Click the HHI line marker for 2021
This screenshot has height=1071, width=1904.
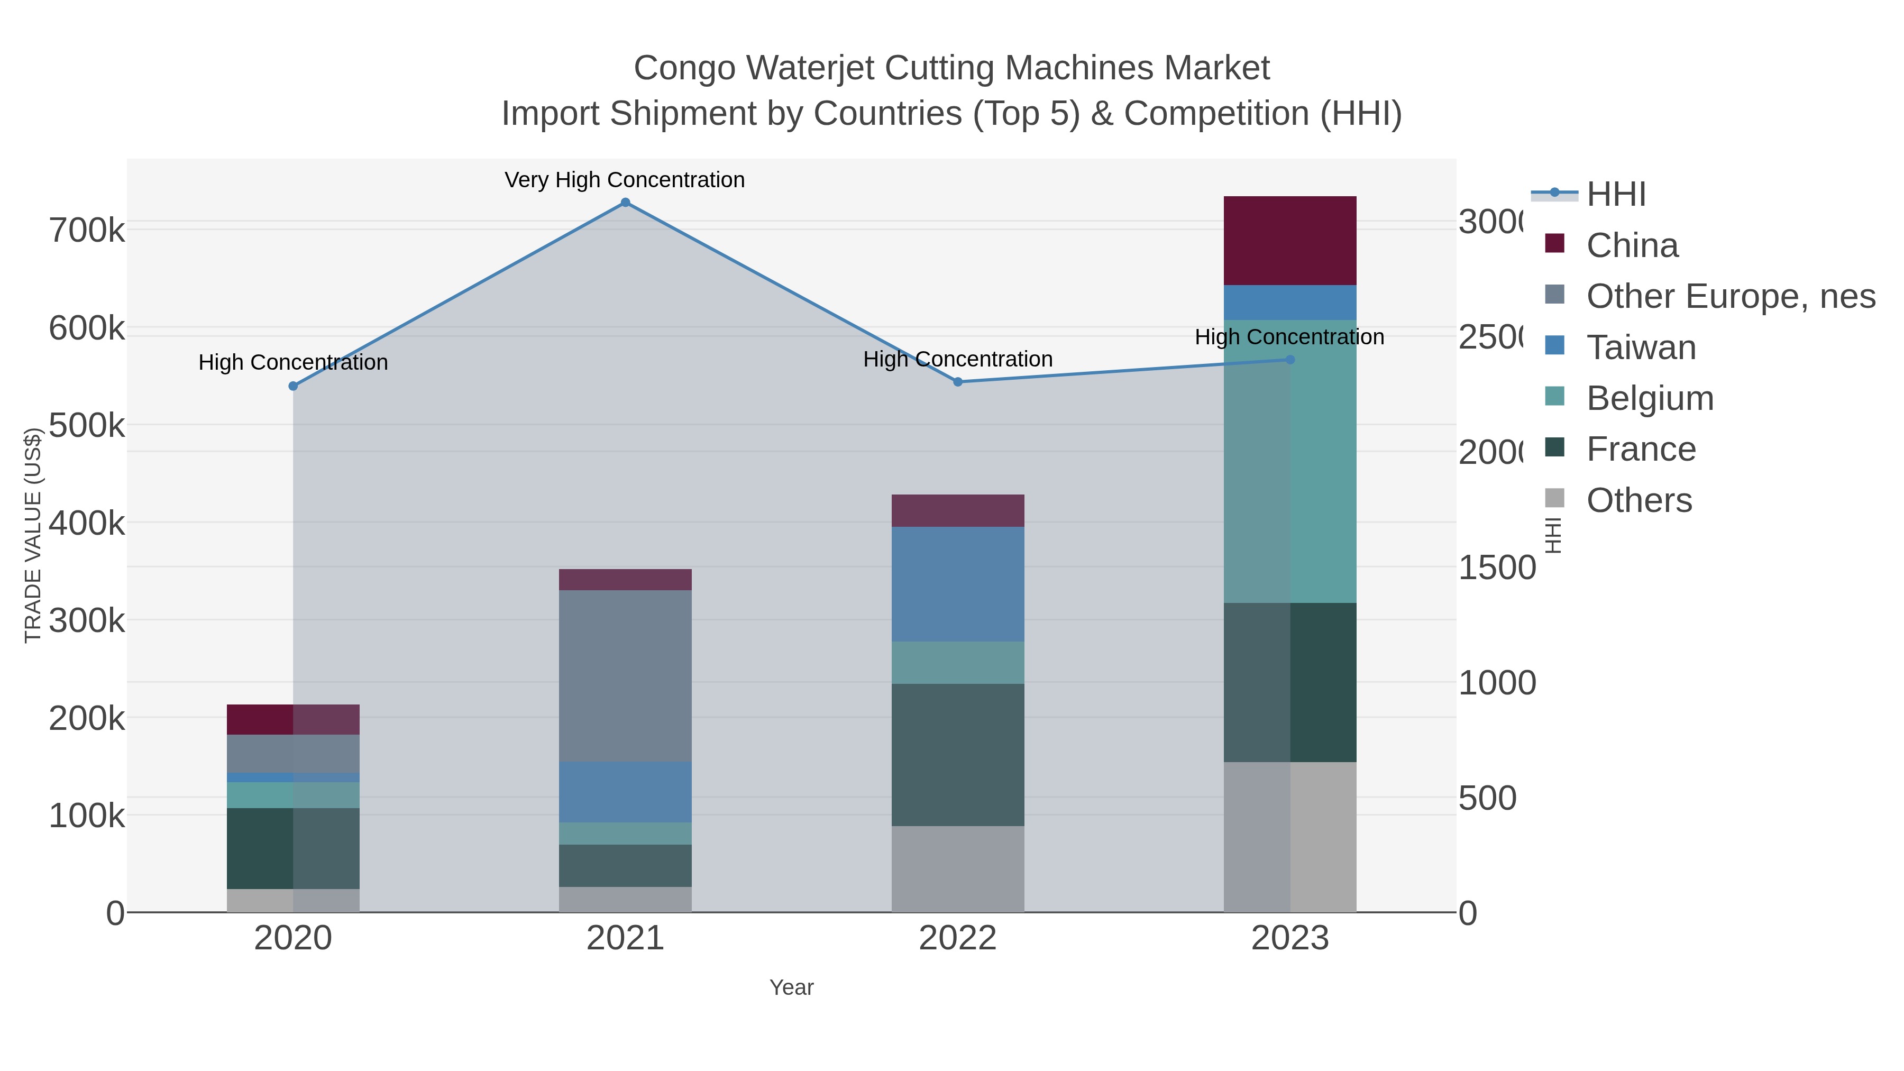click(x=625, y=203)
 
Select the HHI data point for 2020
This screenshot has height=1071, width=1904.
click(x=294, y=386)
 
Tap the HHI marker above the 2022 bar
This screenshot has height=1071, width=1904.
click(x=958, y=382)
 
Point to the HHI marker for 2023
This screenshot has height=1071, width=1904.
click(x=1290, y=360)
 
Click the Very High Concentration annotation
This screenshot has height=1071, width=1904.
click(x=625, y=180)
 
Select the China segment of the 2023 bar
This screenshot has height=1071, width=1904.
click(x=1290, y=241)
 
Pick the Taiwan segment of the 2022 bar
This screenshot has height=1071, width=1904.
click(x=958, y=584)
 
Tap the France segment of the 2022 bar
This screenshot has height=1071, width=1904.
click(x=958, y=755)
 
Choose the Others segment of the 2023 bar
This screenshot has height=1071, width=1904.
click(x=1290, y=837)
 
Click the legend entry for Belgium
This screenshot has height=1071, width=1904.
click(x=1649, y=398)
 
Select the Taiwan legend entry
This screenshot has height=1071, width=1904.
click(x=1640, y=347)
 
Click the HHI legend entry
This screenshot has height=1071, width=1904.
click(x=1616, y=195)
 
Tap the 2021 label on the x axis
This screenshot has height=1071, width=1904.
click(x=625, y=939)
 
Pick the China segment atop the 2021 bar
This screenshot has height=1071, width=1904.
click(x=625, y=580)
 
